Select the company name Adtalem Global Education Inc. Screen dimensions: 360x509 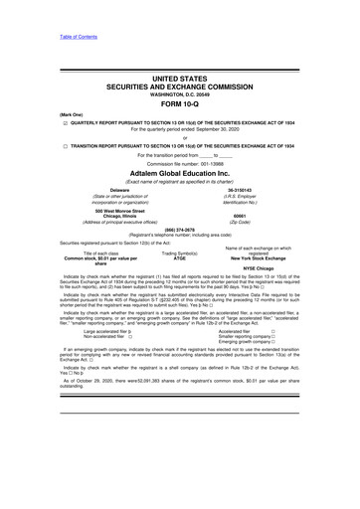click(x=180, y=173)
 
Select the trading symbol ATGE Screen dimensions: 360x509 click(x=180, y=258)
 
